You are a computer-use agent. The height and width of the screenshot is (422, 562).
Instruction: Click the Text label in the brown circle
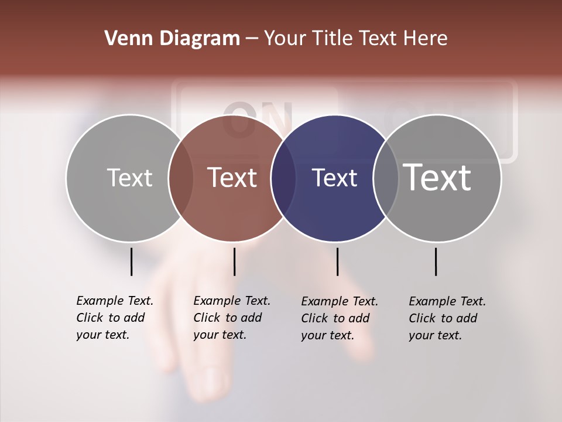coord(232,178)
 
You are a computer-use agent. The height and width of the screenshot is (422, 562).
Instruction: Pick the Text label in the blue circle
coord(334,178)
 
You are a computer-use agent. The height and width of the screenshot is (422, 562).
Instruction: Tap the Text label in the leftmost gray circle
coord(129,178)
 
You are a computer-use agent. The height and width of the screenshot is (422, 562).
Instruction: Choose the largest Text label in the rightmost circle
coord(437,177)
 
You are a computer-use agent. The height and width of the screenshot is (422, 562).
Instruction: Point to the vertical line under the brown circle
coord(234,261)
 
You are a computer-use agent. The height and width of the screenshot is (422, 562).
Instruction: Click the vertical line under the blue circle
coord(337,261)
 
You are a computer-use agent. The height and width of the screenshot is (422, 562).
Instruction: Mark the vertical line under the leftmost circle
coord(131,261)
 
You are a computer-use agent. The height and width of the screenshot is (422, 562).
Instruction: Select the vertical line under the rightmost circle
coord(436,261)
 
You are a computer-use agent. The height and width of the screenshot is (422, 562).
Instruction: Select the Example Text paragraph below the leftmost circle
coord(115,318)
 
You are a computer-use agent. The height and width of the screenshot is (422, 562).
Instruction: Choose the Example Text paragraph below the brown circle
coord(232,318)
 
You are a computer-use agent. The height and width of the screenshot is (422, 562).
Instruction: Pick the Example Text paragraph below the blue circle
coord(340,318)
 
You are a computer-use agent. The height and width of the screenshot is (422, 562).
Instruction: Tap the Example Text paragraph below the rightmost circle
coord(447,318)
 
